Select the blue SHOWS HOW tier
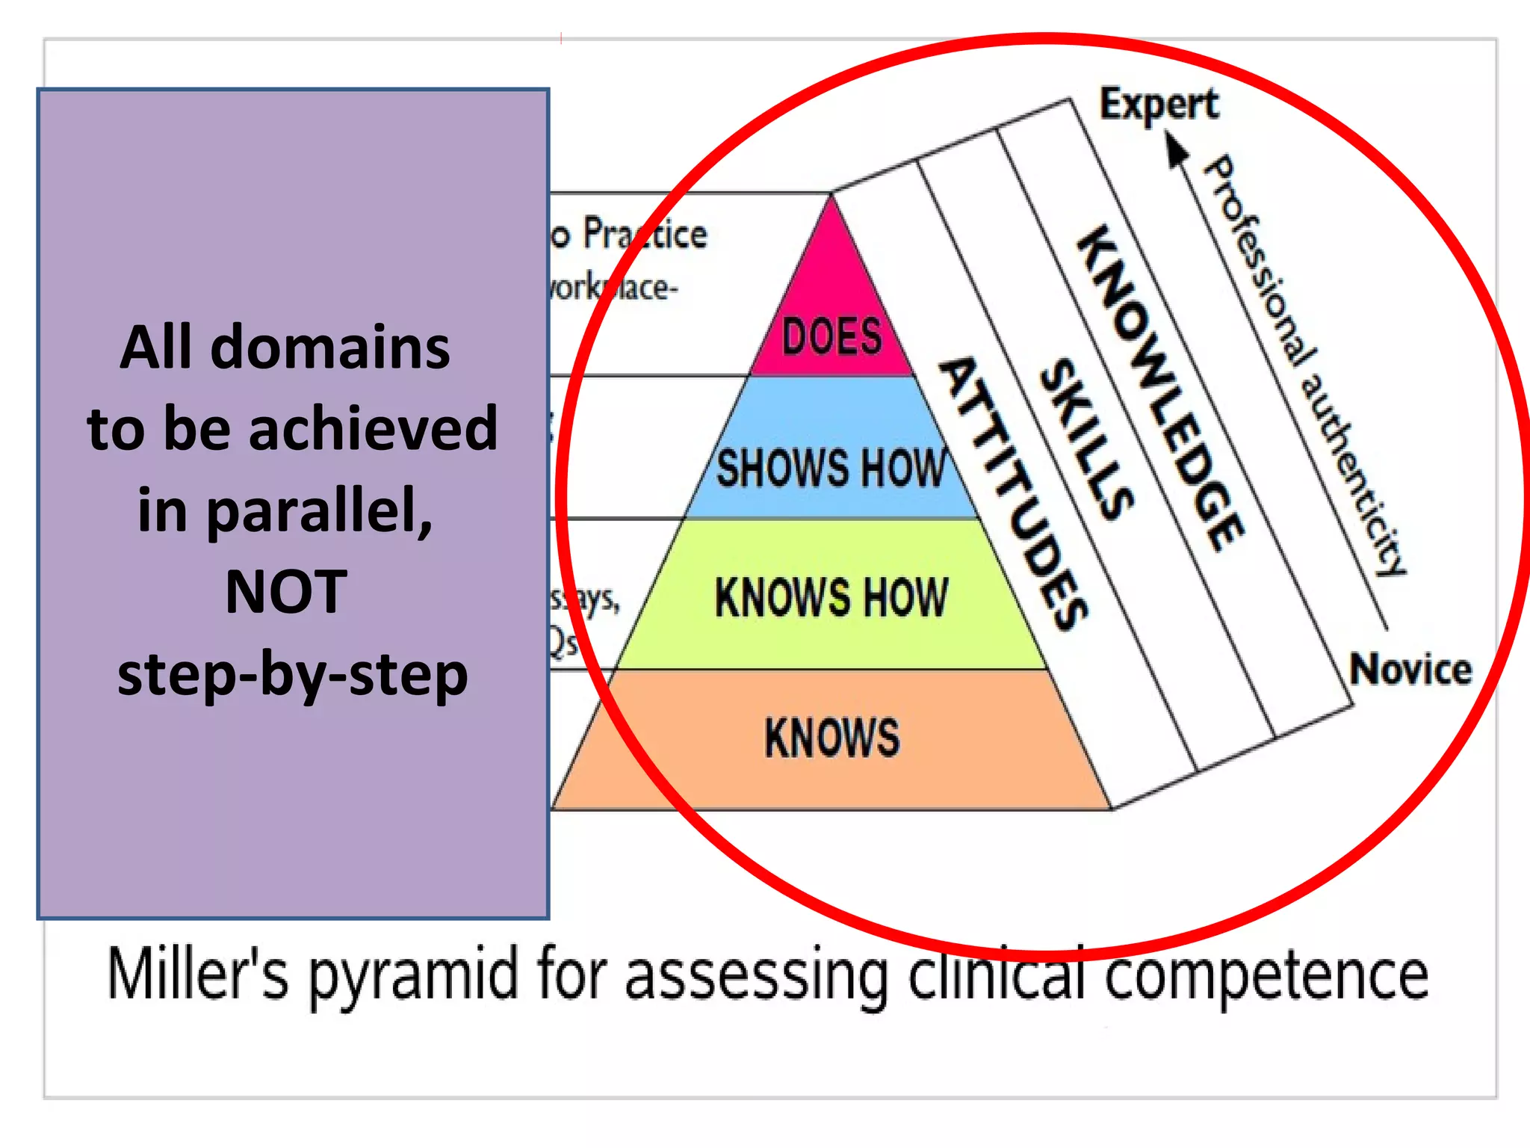831,467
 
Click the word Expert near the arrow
1159,105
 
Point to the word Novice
1410,669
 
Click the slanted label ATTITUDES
1012,493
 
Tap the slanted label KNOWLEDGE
1160,389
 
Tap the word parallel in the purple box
318,511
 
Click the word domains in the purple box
329,348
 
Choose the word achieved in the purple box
373,429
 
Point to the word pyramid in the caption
413,975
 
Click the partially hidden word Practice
645,234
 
